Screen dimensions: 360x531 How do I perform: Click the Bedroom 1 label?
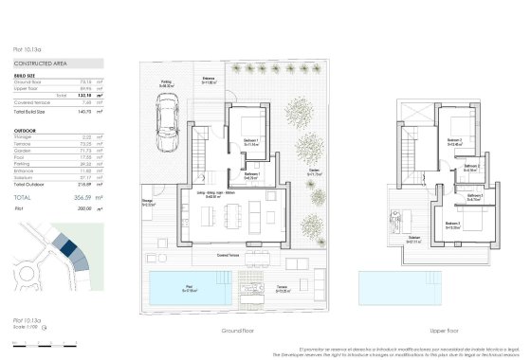[x=249, y=139]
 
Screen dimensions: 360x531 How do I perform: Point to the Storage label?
[x=148, y=202]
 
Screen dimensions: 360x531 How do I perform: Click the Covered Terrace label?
[x=229, y=256]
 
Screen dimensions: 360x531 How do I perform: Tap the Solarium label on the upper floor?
[x=414, y=238]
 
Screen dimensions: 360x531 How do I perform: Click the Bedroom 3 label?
[x=453, y=225]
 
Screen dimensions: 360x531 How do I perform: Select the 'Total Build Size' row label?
[x=29, y=111]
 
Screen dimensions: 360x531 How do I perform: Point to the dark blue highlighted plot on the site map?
[x=68, y=247]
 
